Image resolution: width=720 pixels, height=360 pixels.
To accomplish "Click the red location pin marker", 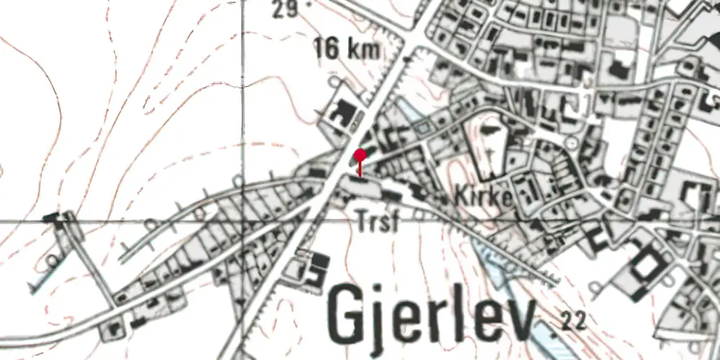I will [x=360, y=156].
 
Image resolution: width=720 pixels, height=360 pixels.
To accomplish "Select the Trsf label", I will [x=377, y=222].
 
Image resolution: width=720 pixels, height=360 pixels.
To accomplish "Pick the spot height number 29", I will [x=286, y=9].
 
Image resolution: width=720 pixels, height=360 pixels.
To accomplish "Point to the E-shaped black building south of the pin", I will [x=314, y=268].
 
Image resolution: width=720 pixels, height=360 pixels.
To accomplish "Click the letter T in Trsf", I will [x=362, y=222].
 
